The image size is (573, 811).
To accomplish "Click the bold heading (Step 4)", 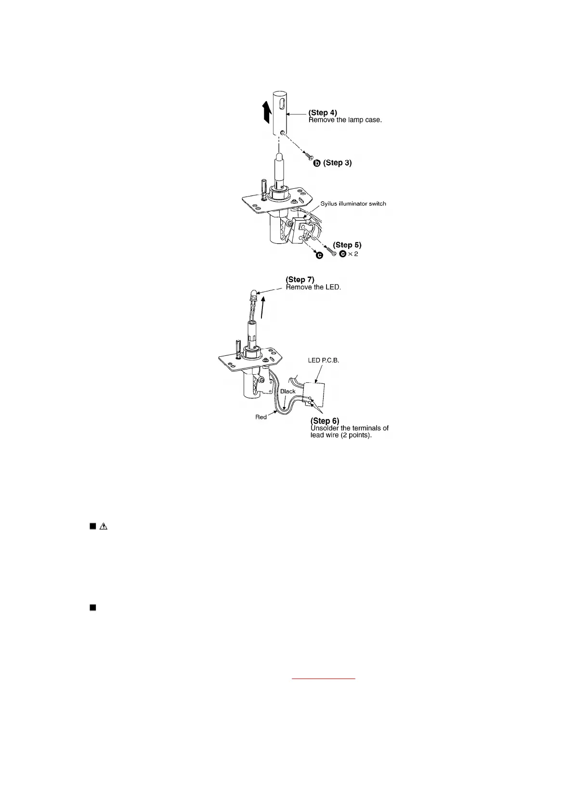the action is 323,113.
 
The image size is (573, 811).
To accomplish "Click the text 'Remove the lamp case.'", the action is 345,120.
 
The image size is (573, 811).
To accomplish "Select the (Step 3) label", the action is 337,163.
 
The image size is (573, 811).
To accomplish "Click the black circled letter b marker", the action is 317,163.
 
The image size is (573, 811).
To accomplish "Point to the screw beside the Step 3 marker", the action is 308,156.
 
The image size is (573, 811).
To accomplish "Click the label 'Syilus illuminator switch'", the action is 353,204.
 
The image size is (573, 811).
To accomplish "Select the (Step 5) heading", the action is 347,245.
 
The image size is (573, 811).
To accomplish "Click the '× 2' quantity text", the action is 353,254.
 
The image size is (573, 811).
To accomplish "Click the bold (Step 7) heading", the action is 300,279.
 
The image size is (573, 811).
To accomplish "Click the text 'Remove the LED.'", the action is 313,288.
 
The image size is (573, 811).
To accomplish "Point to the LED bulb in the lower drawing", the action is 253,295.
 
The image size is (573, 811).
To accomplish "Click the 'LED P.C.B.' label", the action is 324,361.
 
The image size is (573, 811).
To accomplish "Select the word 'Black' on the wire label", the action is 287,392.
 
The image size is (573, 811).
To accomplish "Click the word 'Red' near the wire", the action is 260,417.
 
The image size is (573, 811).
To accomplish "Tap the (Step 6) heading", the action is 325,421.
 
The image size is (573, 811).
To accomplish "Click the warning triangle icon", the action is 103,526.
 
